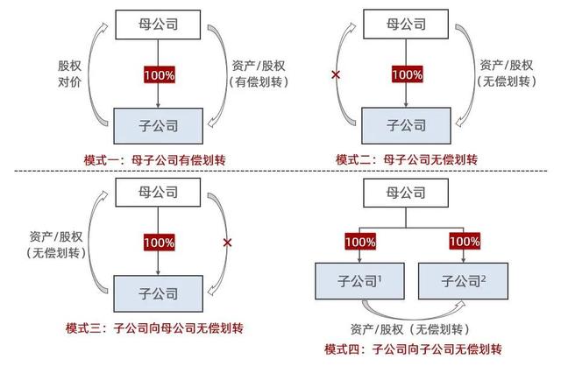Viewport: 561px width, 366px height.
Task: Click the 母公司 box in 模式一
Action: tap(158, 25)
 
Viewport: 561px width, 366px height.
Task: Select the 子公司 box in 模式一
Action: tap(158, 126)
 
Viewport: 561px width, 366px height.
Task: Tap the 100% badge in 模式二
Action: tap(407, 74)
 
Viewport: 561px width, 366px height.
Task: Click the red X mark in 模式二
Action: tap(336, 74)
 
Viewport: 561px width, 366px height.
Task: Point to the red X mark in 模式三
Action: tap(227, 243)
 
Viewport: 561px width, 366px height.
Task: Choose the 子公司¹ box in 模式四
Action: tap(359, 281)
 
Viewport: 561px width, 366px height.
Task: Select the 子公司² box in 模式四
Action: tap(463, 281)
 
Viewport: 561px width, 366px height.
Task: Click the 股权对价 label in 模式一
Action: tap(69, 74)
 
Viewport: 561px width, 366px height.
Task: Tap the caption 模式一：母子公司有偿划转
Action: tap(154, 159)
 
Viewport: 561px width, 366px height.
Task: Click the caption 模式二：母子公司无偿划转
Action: tap(407, 159)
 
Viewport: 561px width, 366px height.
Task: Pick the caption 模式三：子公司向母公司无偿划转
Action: tap(154, 327)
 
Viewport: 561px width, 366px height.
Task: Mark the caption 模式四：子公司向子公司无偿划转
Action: tap(413, 348)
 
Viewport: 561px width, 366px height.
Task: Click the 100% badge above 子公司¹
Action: tap(360, 242)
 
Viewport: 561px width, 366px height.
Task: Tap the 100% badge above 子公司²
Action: tap(465, 241)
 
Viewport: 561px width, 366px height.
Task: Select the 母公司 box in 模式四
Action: tap(406, 193)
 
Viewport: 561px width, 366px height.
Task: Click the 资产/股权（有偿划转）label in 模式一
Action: tap(259, 74)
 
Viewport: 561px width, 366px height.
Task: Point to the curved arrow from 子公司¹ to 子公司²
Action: tap(415, 317)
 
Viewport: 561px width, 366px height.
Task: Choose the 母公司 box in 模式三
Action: tap(158, 193)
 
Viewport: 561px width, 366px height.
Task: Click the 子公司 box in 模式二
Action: tap(406, 125)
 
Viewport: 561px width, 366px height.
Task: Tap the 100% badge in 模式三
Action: tap(160, 243)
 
